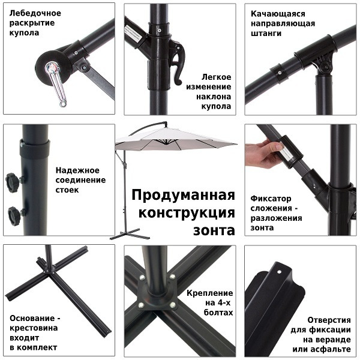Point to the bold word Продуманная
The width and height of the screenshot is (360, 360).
point(182,196)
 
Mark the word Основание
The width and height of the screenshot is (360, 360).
point(34,318)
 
